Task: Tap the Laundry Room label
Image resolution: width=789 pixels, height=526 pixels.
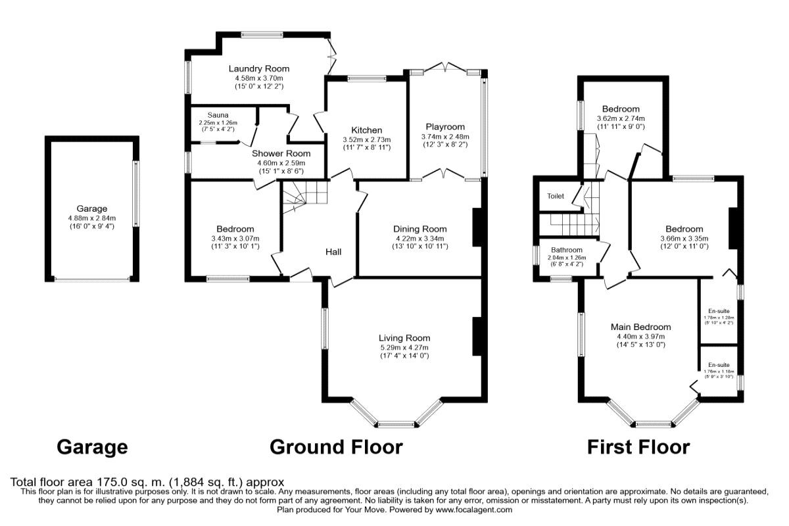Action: pyautogui.click(x=258, y=68)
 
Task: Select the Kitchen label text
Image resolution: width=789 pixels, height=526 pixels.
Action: pyautogui.click(x=366, y=130)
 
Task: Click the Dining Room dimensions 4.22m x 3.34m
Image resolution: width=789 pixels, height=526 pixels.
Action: pyautogui.click(x=419, y=238)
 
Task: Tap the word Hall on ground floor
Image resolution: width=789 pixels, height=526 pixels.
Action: pyautogui.click(x=333, y=251)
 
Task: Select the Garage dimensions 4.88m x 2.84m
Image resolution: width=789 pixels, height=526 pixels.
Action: pyautogui.click(x=91, y=218)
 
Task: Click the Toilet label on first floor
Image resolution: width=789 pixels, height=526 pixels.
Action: pyautogui.click(x=556, y=196)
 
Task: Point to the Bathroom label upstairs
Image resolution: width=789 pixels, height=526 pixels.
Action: pyautogui.click(x=567, y=250)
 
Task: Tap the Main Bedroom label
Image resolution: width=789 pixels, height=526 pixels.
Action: pyautogui.click(x=640, y=327)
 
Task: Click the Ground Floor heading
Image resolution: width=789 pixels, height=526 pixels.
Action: pyautogui.click(x=336, y=447)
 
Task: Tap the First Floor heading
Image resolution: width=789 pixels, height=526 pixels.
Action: pyautogui.click(x=638, y=447)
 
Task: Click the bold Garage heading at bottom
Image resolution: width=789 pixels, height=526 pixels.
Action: pyautogui.click(x=92, y=447)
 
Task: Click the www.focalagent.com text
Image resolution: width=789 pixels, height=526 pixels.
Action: pyautogui.click(x=473, y=510)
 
